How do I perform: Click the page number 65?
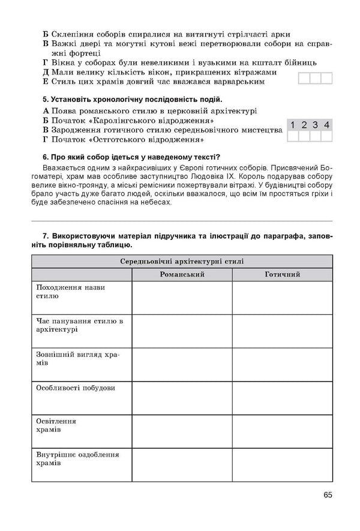[327, 496]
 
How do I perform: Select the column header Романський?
[182, 274]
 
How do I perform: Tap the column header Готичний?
[282, 274]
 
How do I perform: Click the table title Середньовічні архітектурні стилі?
[182, 261]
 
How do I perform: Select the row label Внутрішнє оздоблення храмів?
[77, 459]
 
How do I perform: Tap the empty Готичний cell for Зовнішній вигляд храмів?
[282, 365]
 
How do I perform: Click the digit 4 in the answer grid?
[326, 125]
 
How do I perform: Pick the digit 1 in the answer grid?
[293, 125]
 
